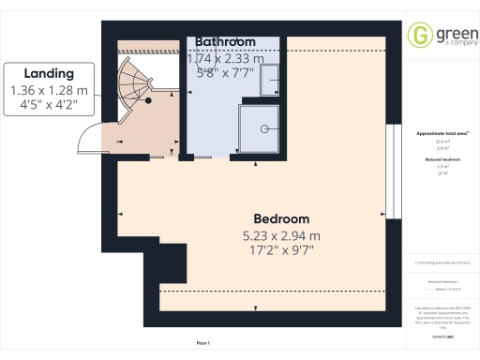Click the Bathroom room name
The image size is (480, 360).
pos(225,42)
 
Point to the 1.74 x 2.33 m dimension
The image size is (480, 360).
pos(225,58)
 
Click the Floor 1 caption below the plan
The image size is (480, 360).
pos(202,343)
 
